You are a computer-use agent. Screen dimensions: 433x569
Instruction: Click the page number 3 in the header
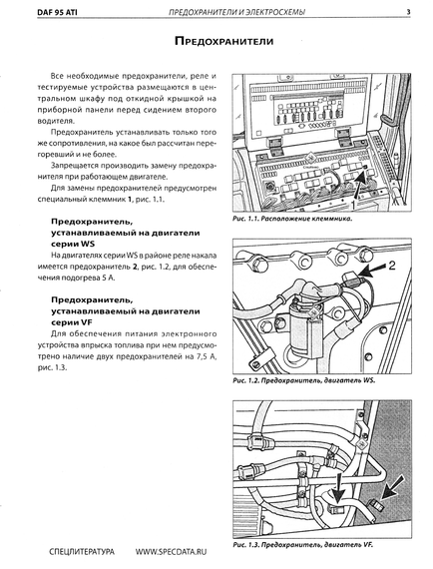408,12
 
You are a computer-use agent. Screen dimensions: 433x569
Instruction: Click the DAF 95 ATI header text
57,12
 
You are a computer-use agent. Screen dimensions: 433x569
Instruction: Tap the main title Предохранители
223,41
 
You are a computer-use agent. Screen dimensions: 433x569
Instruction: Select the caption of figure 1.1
292,219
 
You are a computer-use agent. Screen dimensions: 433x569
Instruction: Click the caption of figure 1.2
304,380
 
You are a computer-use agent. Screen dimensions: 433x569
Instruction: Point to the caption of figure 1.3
303,545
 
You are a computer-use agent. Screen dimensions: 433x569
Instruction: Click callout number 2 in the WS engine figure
392,266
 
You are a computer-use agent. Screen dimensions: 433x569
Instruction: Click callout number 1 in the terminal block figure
351,204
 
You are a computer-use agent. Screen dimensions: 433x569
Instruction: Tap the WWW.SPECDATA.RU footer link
171,552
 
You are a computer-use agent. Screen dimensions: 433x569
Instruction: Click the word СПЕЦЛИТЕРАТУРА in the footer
82,552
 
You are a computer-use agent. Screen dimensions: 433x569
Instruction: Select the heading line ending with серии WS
73,245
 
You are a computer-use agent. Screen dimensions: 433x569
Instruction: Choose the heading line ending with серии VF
72,322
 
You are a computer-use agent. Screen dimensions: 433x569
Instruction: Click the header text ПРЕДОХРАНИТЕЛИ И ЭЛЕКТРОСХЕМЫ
236,12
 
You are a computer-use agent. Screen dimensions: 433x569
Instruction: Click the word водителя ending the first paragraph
55,121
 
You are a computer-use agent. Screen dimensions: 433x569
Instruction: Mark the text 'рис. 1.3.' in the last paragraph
52,368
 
